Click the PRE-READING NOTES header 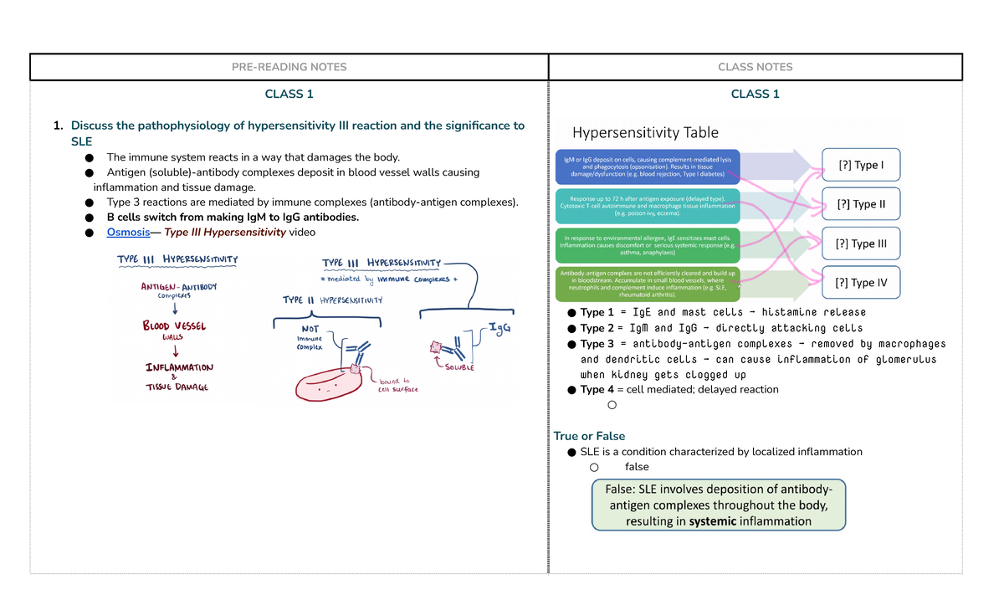pyautogui.click(x=289, y=67)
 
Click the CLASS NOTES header pyautogui.click(x=755, y=67)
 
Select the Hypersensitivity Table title pyautogui.click(x=645, y=132)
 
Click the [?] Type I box pyautogui.click(x=861, y=165)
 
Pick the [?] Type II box pyautogui.click(x=861, y=204)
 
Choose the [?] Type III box pyautogui.click(x=861, y=244)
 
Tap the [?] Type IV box pyautogui.click(x=861, y=283)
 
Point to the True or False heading pyautogui.click(x=589, y=436)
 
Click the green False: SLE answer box pyautogui.click(x=718, y=505)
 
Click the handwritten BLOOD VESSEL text pyautogui.click(x=174, y=326)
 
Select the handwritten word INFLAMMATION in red pyautogui.click(x=179, y=367)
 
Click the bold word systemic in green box pyautogui.click(x=713, y=521)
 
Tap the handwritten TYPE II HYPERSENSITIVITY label pyautogui.click(x=332, y=300)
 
